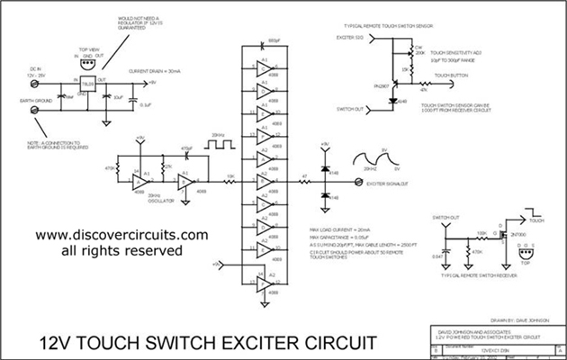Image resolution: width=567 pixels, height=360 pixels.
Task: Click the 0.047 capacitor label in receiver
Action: (436, 256)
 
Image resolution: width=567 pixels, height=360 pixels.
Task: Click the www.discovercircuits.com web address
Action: (110, 235)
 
